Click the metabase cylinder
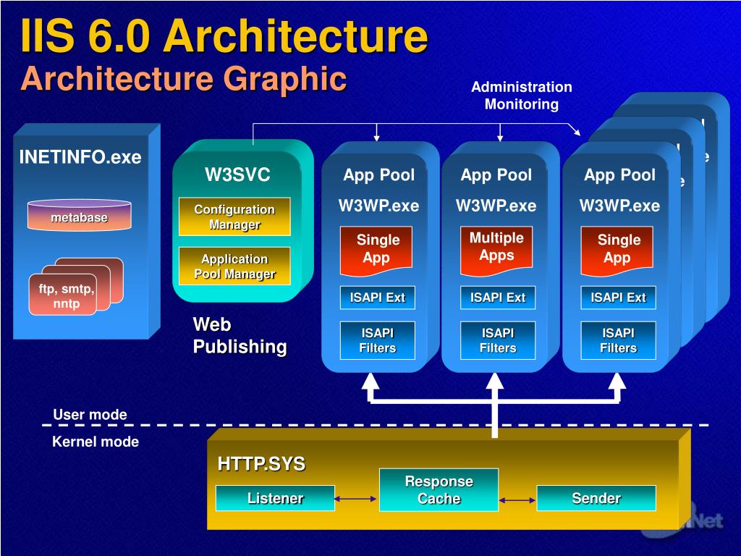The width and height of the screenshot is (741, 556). click(x=79, y=216)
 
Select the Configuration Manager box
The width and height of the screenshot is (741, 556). click(x=234, y=216)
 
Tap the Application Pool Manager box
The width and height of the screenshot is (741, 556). click(x=234, y=266)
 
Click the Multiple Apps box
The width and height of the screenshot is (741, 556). click(x=496, y=247)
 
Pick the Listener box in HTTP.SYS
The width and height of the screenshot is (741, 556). click(x=275, y=498)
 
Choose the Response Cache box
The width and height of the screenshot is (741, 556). click(x=439, y=490)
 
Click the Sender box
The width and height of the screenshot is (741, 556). click(x=596, y=498)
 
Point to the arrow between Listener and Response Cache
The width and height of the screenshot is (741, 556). click(x=357, y=499)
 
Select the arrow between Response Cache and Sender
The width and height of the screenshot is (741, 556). click(x=517, y=500)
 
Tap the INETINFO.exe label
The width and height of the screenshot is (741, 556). click(x=80, y=157)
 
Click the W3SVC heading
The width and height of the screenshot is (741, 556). click(x=237, y=174)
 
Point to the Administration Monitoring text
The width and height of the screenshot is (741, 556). click(x=521, y=96)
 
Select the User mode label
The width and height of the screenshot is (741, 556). click(x=90, y=415)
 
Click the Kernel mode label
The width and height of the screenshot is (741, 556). click(x=96, y=442)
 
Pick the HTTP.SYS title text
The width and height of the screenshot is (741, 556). click(x=261, y=464)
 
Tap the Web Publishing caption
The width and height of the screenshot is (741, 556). click(x=240, y=335)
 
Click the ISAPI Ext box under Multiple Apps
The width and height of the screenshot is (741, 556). click(x=498, y=297)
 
